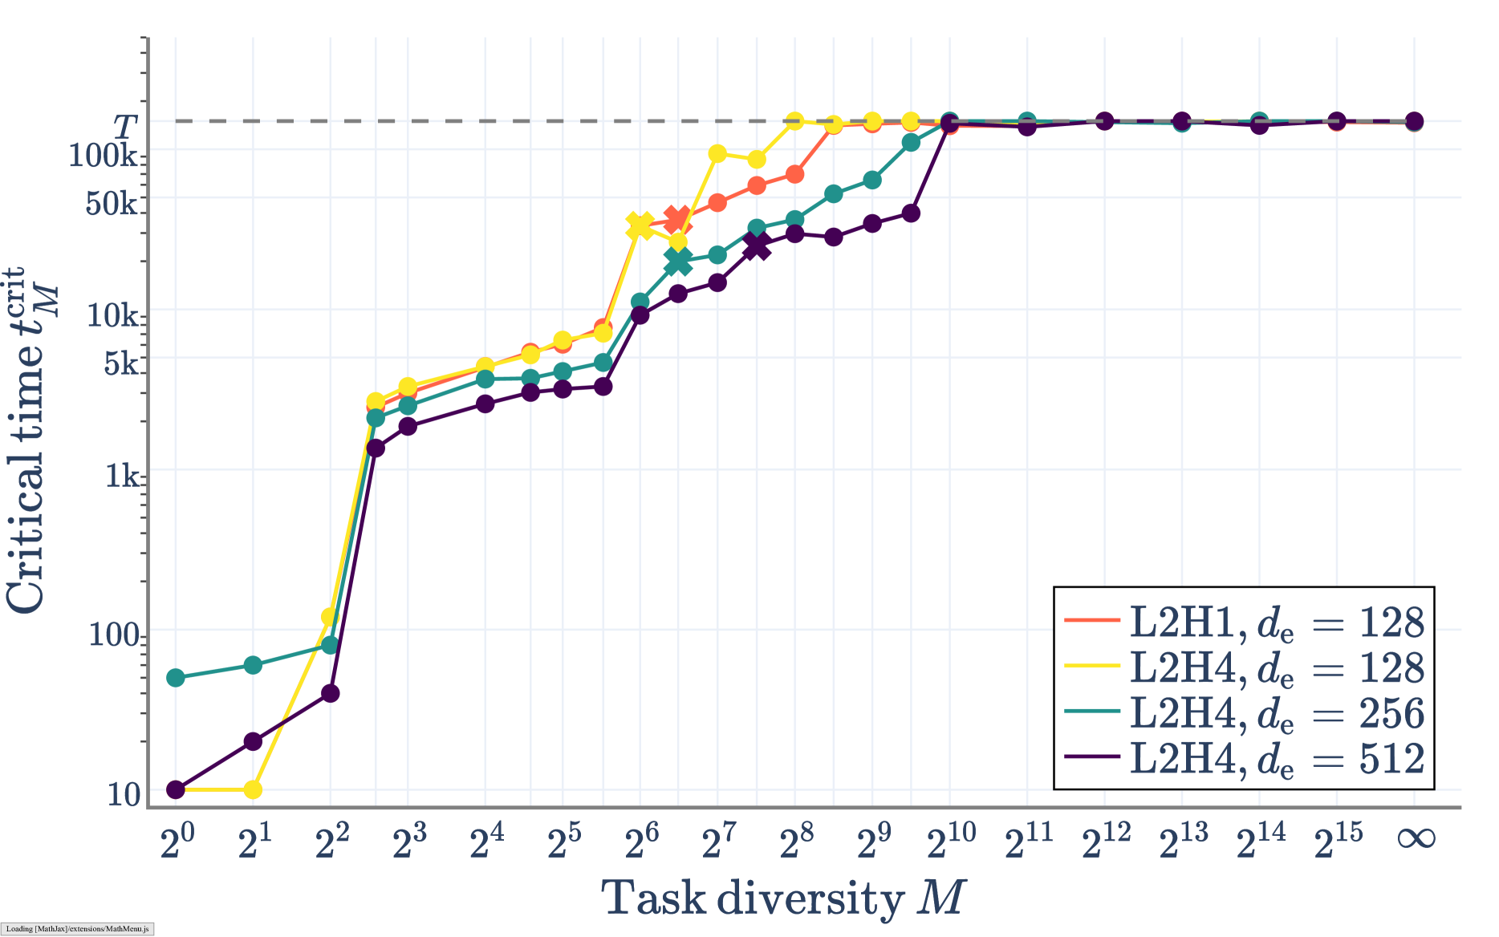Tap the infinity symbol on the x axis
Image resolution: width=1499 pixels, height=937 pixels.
tap(1416, 839)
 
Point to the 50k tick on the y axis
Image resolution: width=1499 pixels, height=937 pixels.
tap(112, 204)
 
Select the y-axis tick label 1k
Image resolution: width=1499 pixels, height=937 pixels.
tap(123, 476)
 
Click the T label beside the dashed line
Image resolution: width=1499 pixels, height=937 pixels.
tap(125, 126)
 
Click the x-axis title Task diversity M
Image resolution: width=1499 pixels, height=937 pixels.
tap(783, 898)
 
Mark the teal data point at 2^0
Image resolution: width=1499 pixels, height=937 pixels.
tap(176, 678)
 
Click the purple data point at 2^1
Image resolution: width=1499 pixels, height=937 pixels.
tap(253, 741)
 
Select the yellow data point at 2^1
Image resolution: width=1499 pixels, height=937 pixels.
tap(253, 789)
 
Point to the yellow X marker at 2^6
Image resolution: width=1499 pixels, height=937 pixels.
tap(640, 226)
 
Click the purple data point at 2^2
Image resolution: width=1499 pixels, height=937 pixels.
tap(330, 693)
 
